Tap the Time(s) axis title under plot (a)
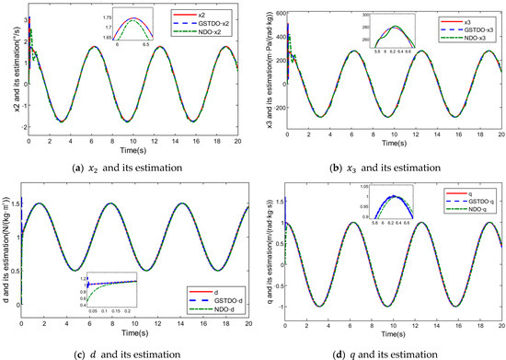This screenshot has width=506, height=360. coord(132,145)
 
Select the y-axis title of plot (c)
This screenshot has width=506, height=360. coord(7,243)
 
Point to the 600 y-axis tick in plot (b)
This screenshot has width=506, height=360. coord(275,8)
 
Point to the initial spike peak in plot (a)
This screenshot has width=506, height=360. coord(29,17)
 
